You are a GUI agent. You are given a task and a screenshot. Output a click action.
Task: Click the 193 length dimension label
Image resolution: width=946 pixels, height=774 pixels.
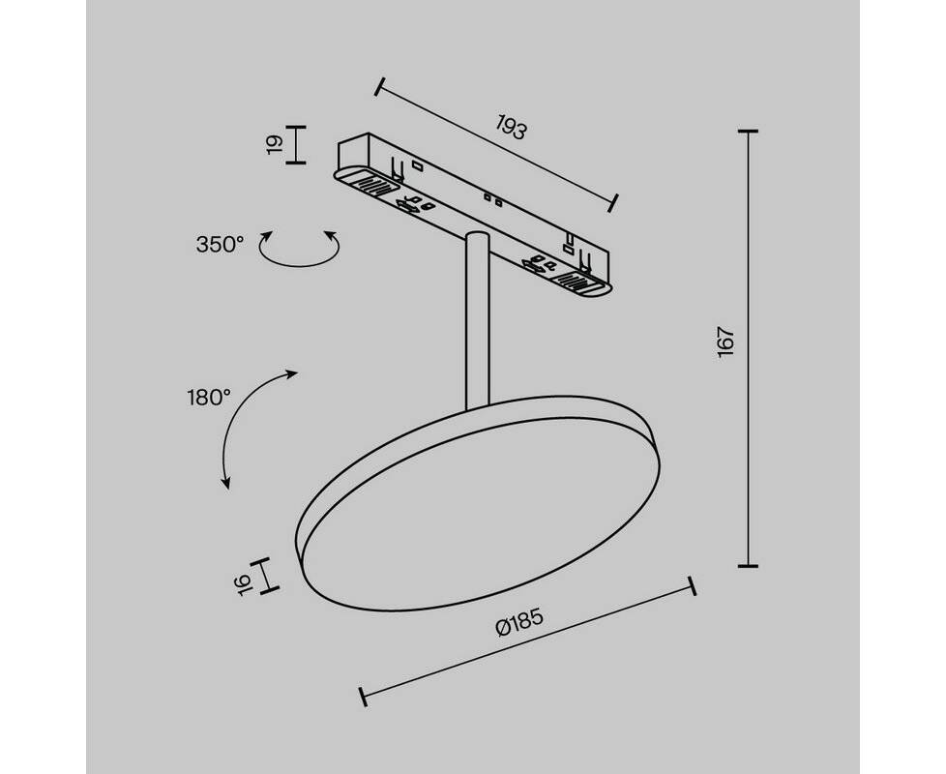[x=512, y=128]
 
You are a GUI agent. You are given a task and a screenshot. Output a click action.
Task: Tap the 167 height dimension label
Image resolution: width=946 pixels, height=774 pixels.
[x=725, y=342]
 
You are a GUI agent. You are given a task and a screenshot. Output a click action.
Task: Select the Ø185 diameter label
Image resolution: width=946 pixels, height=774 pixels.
[x=519, y=621]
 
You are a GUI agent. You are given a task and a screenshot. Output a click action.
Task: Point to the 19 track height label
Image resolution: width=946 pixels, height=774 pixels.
[x=275, y=145]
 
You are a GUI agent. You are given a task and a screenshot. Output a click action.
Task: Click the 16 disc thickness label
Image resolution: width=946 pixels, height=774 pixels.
[x=243, y=584]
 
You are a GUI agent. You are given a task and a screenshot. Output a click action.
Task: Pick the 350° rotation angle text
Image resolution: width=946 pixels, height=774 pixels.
[x=220, y=245]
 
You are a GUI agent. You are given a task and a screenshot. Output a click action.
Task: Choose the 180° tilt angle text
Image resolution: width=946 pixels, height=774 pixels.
[x=209, y=399]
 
